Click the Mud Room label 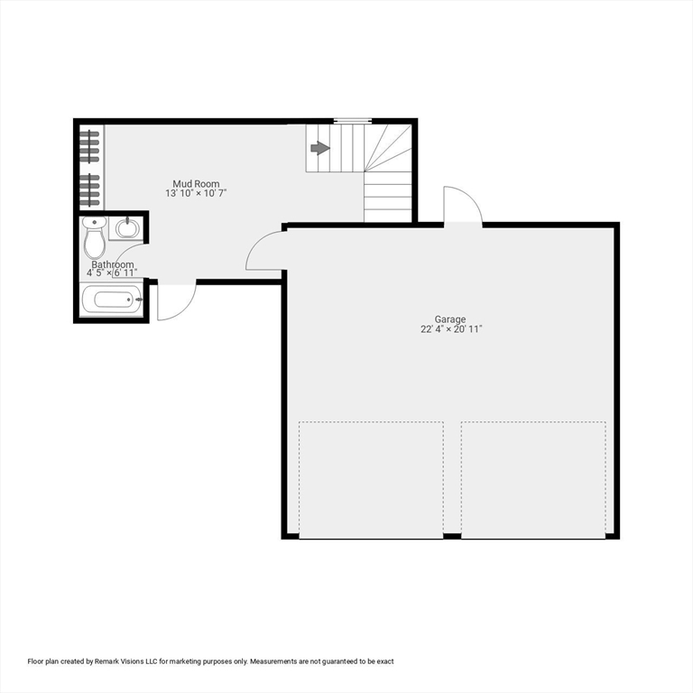[x=196, y=183]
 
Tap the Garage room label [x=450, y=319]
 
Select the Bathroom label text [x=112, y=264]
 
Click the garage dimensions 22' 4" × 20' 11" [x=451, y=329]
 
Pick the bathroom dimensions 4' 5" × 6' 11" [x=112, y=273]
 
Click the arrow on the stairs [x=319, y=148]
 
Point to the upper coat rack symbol [x=89, y=143]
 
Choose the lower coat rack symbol [x=89, y=189]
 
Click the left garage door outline [x=371, y=479]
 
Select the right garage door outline [x=533, y=479]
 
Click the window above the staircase [x=352, y=120]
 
